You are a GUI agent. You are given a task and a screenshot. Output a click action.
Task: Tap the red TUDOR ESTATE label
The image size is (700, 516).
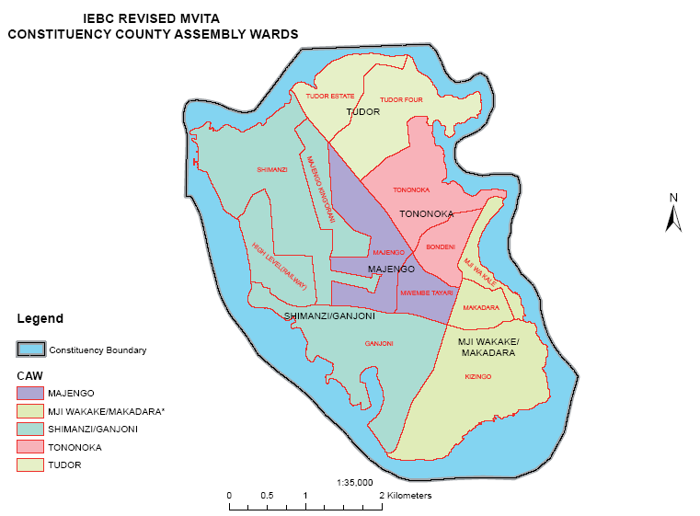coord(330,96)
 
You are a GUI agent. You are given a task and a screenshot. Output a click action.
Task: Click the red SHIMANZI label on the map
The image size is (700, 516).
coord(272,169)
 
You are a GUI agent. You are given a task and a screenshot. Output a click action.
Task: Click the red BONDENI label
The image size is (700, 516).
coord(442,247)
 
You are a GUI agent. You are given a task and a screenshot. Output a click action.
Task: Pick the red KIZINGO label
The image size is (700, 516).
coord(478,377)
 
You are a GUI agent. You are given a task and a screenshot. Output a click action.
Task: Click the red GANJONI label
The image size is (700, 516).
coord(379,344)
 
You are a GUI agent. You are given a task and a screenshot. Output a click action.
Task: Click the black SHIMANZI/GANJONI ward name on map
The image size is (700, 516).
coord(329,316)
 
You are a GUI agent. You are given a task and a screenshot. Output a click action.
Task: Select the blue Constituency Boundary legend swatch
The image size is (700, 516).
coord(30,350)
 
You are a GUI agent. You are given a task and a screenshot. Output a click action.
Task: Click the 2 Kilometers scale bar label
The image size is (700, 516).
coord(406,495)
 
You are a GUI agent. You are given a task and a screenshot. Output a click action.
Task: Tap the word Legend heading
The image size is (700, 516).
coord(40,319)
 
